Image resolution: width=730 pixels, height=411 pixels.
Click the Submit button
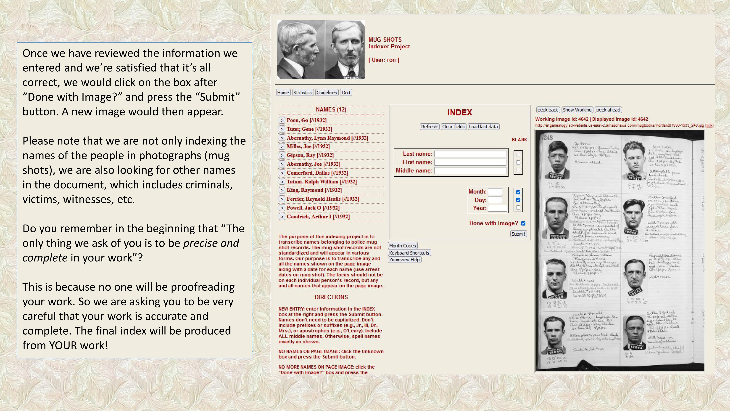point(518,234)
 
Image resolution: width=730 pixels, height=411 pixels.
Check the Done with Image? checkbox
point(523,224)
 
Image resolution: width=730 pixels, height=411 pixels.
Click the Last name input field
point(470,154)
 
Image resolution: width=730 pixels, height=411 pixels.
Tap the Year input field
point(497,208)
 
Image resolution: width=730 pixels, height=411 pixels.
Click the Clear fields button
point(453,127)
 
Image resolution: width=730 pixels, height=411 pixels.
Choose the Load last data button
point(483,127)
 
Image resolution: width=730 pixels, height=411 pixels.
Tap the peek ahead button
point(608,110)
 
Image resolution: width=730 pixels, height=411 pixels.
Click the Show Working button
point(577,110)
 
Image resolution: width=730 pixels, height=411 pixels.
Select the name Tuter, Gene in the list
point(309,129)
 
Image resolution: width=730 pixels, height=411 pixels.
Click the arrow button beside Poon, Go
point(282,120)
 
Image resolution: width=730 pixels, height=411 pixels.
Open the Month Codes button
point(402,246)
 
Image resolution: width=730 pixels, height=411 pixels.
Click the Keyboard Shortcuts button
point(409,253)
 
